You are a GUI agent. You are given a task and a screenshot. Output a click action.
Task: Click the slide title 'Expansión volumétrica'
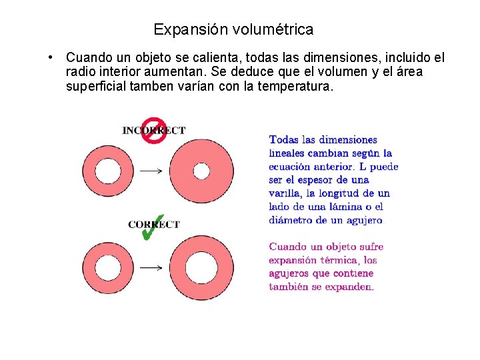click(233, 30)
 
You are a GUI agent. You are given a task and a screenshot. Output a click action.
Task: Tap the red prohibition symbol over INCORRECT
click(154, 131)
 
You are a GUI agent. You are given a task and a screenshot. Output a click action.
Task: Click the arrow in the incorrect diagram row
click(151, 171)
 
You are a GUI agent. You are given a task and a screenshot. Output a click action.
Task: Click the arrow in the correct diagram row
click(151, 268)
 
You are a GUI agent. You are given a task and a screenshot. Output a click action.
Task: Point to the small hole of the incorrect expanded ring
click(201, 171)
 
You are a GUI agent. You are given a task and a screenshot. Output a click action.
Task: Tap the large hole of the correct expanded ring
click(201, 267)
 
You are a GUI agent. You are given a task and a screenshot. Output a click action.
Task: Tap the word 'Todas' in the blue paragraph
click(283, 140)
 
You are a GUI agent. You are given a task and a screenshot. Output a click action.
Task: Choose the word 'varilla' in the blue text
click(285, 193)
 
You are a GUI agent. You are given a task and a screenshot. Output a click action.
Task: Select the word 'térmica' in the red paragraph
click(341, 261)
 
